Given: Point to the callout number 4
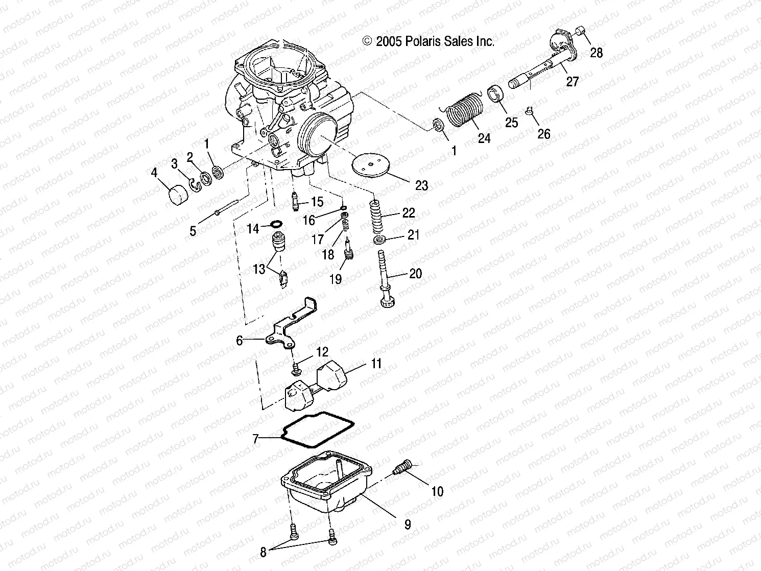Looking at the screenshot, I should coord(154,173).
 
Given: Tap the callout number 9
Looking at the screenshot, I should coord(408,525).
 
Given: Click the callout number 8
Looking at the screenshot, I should coord(264,552).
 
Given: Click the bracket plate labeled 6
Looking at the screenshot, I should coord(291,322).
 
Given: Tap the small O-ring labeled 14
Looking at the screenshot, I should coord(276,224).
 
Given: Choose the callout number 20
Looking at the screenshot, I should coord(416,274).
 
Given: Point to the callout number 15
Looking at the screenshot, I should coord(317,202).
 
